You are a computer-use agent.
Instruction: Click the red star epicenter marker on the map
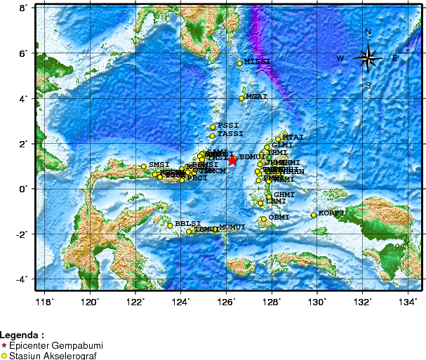tap(232, 160)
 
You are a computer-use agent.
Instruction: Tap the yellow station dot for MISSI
tap(239, 63)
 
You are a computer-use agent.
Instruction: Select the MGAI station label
tap(257, 96)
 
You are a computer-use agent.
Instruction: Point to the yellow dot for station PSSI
tap(213, 127)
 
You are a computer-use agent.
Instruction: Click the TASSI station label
tap(230, 133)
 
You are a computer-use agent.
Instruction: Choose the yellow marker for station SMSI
tap(143, 166)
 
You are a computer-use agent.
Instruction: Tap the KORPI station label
tap(331, 213)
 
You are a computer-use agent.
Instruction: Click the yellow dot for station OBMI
tap(264, 219)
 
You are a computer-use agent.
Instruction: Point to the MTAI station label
tap(293, 138)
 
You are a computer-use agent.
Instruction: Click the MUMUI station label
tap(232, 227)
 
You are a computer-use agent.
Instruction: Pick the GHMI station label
tap(284, 194)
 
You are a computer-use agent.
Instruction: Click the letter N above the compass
tap(368, 32)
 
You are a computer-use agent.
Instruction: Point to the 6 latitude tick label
tap(22, 53)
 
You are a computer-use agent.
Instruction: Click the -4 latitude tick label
tap(20, 279)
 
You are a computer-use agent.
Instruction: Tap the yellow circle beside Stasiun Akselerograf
tap(5, 356)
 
